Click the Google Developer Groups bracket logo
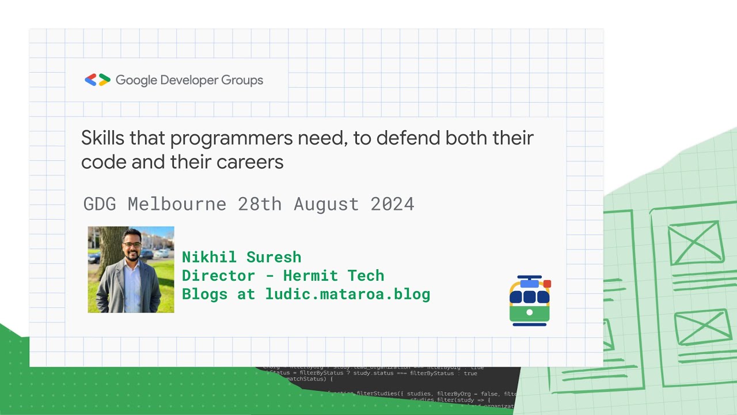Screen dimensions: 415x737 pyautogui.click(x=97, y=80)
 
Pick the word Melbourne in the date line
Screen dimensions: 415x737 pyautogui.click(x=177, y=204)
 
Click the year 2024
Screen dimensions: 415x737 pyautogui.click(x=392, y=204)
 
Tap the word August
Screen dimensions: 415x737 pyautogui.click(x=326, y=204)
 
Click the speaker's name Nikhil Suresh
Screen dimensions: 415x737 pyautogui.click(x=241, y=257)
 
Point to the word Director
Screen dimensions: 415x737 pyautogui.click(x=218, y=276)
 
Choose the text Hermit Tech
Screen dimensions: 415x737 pyautogui.click(x=333, y=276)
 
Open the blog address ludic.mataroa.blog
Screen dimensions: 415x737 pyautogui.click(x=348, y=294)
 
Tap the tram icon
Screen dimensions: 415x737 pyautogui.click(x=530, y=301)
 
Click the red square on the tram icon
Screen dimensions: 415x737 pyautogui.click(x=547, y=284)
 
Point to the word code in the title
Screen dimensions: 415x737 pyautogui.click(x=104, y=163)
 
